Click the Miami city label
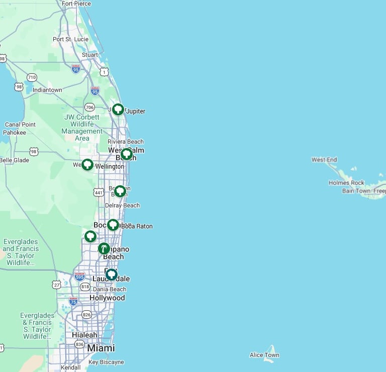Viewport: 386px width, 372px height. click(101, 348)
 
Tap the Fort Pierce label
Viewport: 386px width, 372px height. click(76, 4)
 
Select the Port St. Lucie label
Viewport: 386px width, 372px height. click(70, 39)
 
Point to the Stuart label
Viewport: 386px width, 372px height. click(90, 55)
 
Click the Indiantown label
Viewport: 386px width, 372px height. click(47, 90)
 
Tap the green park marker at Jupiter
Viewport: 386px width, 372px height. click(118, 109)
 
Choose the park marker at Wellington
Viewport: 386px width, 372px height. click(87, 164)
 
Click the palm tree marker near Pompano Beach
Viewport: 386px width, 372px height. click(104, 248)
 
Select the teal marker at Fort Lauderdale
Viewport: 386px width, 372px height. click(111, 275)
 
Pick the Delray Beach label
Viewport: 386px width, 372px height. click(122, 205)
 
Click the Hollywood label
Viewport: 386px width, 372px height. click(107, 298)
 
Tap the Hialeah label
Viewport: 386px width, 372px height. click(84, 335)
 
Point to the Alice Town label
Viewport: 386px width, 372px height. click(264, 355)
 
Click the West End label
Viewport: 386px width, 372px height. click(324, 160)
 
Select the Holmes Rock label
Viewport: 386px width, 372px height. click(346, 183)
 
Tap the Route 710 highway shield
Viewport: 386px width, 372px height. click(32, 77)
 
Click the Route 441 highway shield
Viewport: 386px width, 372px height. click(99, 192)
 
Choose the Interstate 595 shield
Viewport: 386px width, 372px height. click(79, 276)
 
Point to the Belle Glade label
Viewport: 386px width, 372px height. click(14, 160)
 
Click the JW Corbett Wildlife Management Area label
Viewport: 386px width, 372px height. click(82, 128)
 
